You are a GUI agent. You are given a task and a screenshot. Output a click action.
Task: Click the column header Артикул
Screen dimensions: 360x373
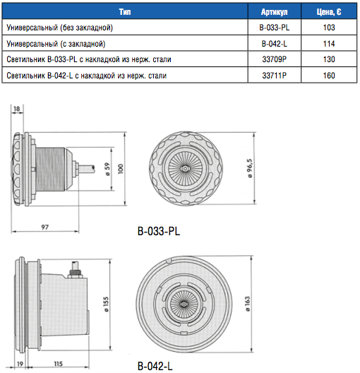[274, 11]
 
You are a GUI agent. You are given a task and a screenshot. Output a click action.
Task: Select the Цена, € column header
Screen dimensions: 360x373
[329, 11]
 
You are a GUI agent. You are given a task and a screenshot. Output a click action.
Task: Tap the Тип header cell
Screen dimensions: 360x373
[125, 11]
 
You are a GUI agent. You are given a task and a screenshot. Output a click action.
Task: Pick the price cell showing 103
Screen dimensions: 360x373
[329, 28]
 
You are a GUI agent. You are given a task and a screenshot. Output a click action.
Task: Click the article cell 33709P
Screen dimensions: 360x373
[274, 59]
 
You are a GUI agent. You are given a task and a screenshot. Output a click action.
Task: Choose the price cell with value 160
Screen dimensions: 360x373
[329, 76]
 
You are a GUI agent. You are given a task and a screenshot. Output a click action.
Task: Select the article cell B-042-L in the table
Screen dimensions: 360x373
[274, 44]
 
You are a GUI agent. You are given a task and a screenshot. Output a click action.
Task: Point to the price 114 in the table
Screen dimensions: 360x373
[329, 44]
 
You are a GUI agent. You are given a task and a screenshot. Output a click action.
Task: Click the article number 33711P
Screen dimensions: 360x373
[274, 76]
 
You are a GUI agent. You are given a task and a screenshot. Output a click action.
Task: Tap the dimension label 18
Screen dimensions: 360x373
[17, 109]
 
